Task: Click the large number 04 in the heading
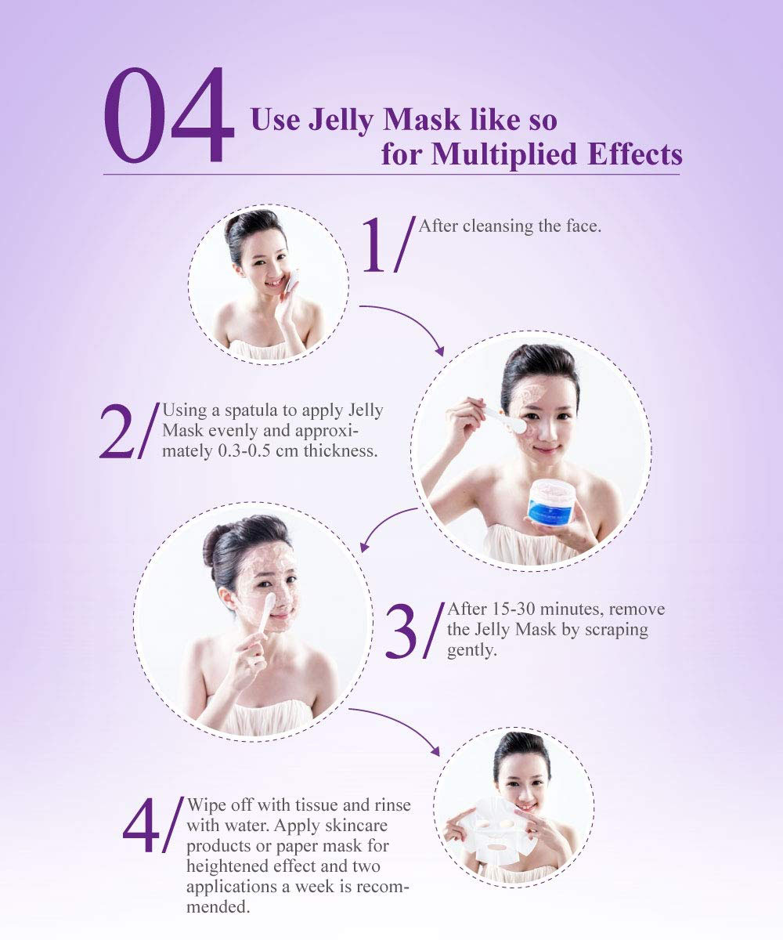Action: [169, 115]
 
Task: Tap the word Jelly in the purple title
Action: [341, 121]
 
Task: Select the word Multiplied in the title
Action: [503, 155]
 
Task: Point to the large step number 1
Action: [373, 245]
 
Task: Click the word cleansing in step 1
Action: [498, 226]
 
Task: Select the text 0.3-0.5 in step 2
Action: [244, 450]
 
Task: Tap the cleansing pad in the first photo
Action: [291, 280]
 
